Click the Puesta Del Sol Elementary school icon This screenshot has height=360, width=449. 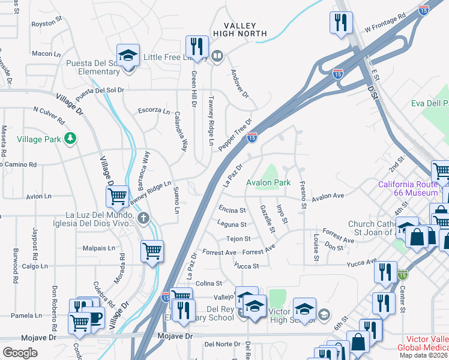[128, 56]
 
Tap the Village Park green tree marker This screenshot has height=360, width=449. [71, 139]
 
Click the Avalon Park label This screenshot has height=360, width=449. [268, 182]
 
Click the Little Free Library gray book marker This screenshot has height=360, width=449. [217, 58]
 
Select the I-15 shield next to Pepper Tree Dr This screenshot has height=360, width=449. [252, 137]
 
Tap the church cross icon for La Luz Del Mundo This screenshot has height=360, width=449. [143, 217]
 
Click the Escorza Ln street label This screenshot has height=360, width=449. [154, 110]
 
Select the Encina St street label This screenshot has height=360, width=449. [232, 211]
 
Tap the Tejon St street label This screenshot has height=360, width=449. [238, 239]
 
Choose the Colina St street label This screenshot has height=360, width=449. [209, 283]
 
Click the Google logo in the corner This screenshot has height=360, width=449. [20, 353]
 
